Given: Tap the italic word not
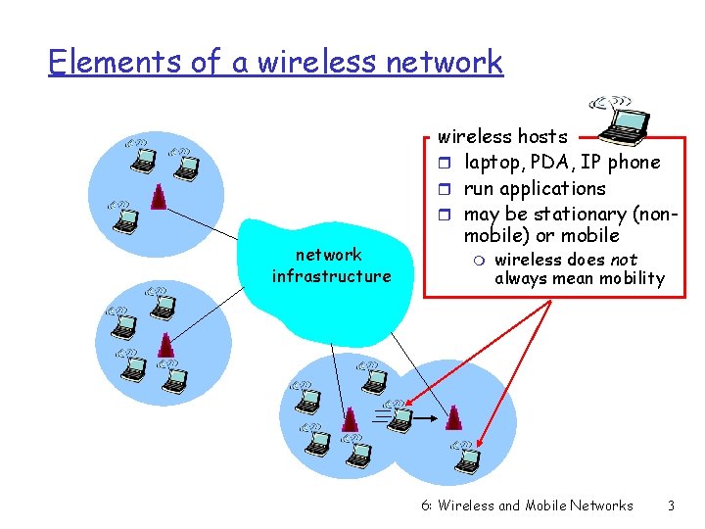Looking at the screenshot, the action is (625, 260).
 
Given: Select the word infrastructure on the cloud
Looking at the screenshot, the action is (331, 276).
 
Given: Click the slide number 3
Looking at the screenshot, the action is (671, 505).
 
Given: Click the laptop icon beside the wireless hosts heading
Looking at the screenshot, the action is (618, 117).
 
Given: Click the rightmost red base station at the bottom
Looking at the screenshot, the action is (453, 417).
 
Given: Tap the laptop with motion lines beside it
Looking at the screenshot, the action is (400, 418).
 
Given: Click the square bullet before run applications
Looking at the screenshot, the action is (443, 189).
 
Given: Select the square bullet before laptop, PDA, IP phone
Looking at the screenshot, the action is (443, 163).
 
